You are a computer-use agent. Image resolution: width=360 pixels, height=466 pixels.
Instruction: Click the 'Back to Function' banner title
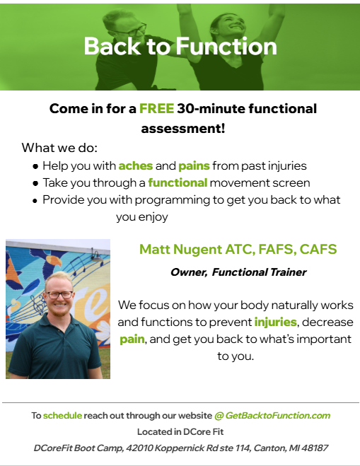(x=180, y=47)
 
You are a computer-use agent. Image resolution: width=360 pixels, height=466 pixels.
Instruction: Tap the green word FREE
(x=157, y=109)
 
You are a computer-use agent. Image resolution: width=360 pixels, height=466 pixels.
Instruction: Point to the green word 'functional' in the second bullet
(x=178, y=183)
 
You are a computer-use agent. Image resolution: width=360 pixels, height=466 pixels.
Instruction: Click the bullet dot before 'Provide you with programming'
(x=35, y=201)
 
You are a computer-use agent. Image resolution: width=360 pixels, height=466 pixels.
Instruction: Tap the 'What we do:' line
(x=59, y=148)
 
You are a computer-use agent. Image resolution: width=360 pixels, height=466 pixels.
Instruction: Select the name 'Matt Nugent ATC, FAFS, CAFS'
(x=238, y=249)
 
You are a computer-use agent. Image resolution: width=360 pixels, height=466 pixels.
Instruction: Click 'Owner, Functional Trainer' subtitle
(x=238, y=272)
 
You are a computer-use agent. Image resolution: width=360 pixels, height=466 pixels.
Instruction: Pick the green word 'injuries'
(x=275, y=322)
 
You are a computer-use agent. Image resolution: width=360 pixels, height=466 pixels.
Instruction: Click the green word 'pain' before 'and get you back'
(x=132, y=339)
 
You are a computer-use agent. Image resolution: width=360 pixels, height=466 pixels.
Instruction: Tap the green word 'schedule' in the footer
(x=62, y=416)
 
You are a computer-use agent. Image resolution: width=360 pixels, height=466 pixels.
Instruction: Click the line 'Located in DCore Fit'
(x=180, y=431)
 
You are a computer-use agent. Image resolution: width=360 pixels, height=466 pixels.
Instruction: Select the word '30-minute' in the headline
(x=204, y=109)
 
